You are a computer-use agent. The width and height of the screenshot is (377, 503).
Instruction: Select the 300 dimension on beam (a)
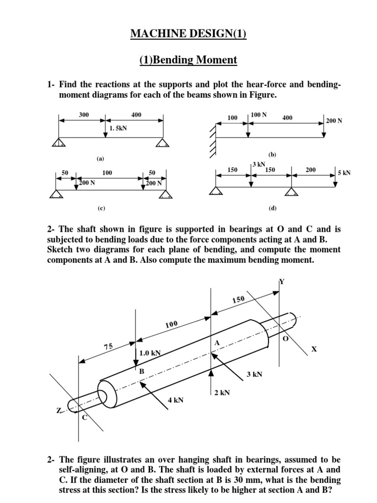coord(83,114)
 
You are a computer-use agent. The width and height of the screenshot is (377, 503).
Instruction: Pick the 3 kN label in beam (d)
coord(259,164)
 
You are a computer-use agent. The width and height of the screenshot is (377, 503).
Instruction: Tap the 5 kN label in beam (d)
coord(344,172)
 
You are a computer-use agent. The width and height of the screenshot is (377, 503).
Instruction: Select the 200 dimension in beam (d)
coord(310,169)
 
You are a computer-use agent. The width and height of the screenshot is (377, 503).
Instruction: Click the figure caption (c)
coord(101,208)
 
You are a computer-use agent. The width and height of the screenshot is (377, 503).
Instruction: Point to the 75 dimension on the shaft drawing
coord(108,347)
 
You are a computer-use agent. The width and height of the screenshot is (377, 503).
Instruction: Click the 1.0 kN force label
coord(150,353)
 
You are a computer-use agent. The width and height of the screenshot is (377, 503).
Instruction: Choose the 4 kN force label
coord(175,400)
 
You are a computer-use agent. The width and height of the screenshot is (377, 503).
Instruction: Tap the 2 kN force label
coord(222,392)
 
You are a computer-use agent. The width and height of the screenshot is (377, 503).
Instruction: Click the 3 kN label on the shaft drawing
coord(254,374)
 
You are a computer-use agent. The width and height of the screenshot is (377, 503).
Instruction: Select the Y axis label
coord(282,281)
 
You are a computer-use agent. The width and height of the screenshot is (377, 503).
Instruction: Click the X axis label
coord(314,349)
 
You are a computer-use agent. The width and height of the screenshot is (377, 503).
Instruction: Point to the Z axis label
coord(59,411)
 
